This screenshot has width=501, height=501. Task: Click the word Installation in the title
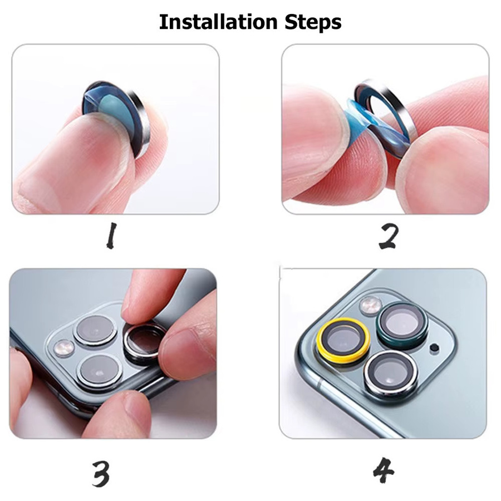point(218,22)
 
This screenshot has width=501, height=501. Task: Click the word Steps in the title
point(313,23)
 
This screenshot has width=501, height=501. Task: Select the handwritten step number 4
point(384,470)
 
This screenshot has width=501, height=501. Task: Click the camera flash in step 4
point(371,305)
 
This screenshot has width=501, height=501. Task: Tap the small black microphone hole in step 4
point(434,347)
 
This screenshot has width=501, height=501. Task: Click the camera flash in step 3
point(64,348)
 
